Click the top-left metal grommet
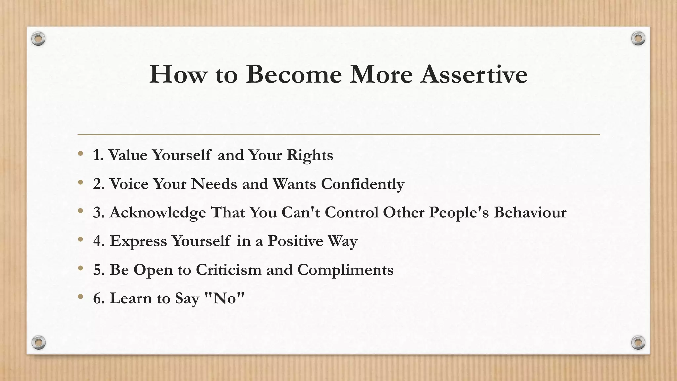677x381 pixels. coord(38,39)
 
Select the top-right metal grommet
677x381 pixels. coord(638,39)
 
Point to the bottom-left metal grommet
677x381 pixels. coord(38,342)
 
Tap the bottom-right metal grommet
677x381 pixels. coord(638,342)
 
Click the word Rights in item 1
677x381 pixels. coord(310,155)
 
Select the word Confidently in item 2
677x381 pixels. coord(363,184)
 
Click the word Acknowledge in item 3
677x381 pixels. coord(158,213)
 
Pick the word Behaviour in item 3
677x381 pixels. coord(530,212)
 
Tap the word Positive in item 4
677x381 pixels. coord(295,241)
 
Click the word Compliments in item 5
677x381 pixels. coord(345,270)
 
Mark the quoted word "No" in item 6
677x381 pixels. coord(224,298)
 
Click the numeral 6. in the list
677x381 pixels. coord(99,298)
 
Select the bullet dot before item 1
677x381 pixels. coord(80,153)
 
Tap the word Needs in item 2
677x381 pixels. coord(214,184)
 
